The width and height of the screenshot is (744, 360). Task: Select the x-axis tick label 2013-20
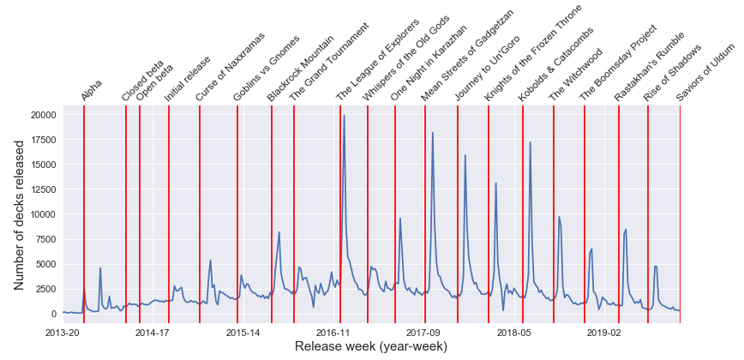(x=62, y=332)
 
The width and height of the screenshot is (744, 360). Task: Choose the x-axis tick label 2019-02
(x=603, y=332)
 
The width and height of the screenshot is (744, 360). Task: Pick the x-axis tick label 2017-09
(x=423, y=332)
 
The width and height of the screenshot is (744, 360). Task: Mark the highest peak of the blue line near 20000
(x=345, y=115)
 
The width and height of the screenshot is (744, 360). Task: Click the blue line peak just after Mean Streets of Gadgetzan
(x=433, y=133)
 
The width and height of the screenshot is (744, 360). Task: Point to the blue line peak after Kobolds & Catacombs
(x=531, y=142)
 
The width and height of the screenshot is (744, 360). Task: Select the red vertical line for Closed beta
(x=126, y=214)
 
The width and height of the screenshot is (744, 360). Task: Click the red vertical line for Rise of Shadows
(x=648, y=214)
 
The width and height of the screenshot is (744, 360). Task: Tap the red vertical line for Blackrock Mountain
(x=272, y=214)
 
